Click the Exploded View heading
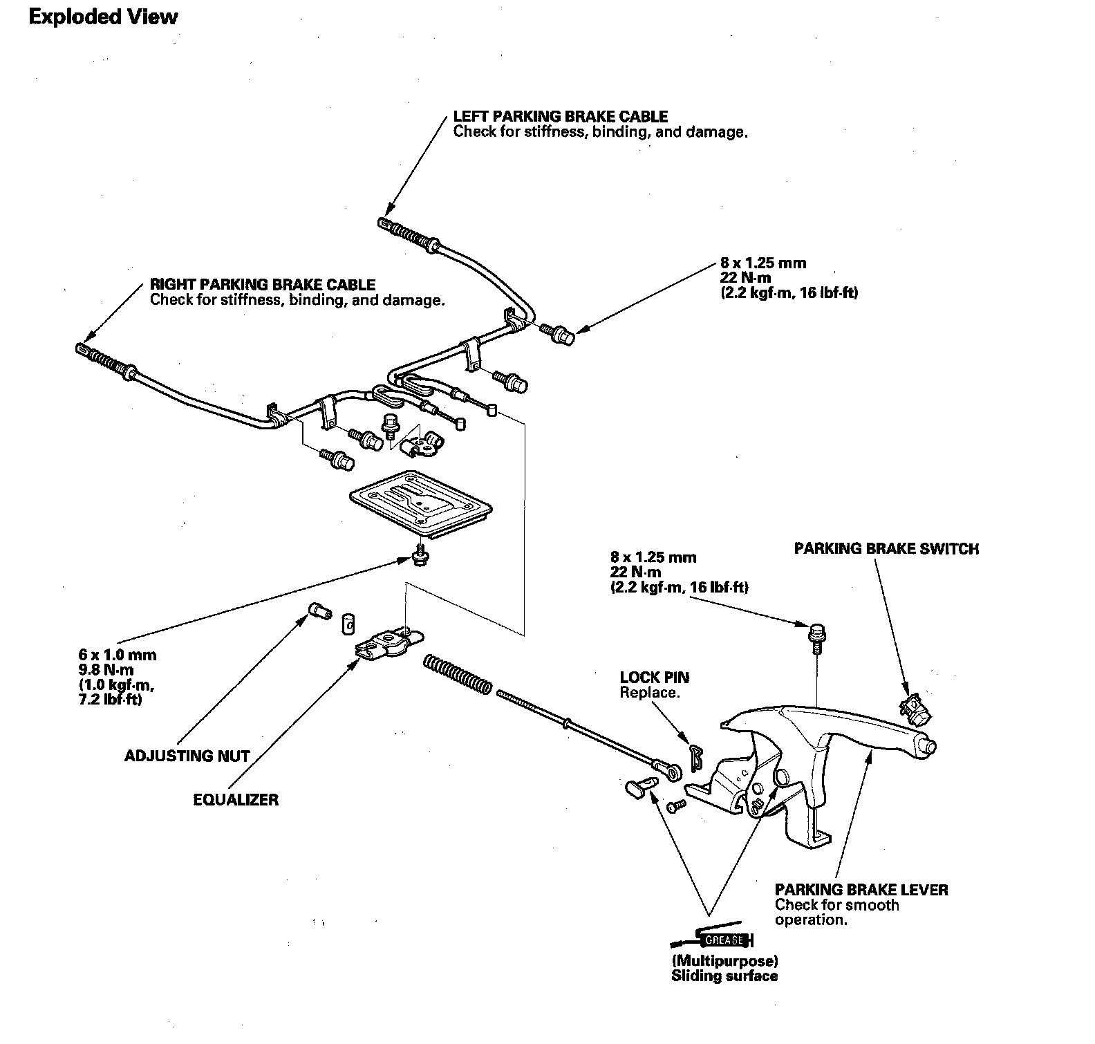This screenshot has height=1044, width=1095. point(103,17)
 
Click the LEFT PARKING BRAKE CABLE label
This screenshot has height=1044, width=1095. point(561,117)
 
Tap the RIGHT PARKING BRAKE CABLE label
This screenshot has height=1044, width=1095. point(263,285)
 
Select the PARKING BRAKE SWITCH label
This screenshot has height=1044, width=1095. point(886,548)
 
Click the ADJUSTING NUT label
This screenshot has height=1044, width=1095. point(187,756)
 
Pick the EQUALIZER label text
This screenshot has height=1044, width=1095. point(236,800)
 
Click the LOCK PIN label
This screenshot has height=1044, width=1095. point(654,678)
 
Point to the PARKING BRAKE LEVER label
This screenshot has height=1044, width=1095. point(861,890)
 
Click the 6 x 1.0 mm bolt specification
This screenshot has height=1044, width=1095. point(117,655)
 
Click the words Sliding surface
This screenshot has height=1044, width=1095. point(724,976)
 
